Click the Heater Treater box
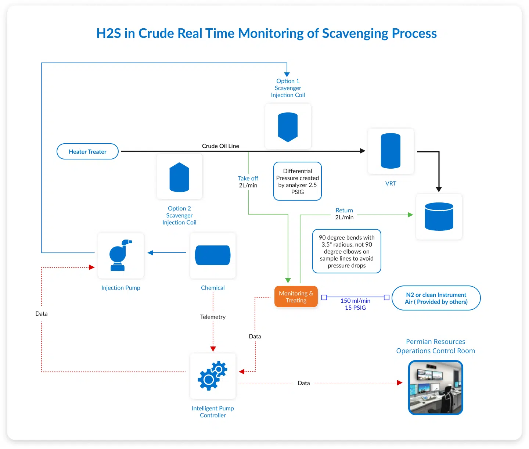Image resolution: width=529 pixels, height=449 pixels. pyautogui.click(x=87, y=151)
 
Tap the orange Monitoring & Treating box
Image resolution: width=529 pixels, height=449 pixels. pyautogui.click(x=296, y=297)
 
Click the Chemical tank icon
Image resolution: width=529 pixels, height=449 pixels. pyautogui.click(x=213, y=255)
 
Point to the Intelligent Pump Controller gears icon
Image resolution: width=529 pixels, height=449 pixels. pyautogui.click(x=213, y=376)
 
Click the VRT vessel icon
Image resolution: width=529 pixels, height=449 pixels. pyautogui.click(x=391, y=151)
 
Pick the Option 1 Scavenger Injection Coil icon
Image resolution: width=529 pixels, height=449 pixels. pyautogui.click(x=288, y=127)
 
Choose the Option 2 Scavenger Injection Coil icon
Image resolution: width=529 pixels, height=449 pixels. pyautogui.click(x=179, y=177)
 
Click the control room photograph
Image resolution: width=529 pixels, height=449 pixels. pyautogui.click(x=435, y=388)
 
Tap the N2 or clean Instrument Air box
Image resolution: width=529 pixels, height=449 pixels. pyautogui.click(x=436, y=298)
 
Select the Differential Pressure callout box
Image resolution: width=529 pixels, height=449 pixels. pyautogui.click(x=298, y=181)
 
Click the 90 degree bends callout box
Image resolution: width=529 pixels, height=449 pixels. pyautogui.click(x=346, y=251)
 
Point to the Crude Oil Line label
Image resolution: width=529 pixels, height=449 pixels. pyautogui.click(x=220, y=146)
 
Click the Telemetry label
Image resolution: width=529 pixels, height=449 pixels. pyautogui.click(x=213, y=317)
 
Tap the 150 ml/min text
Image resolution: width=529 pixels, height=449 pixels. pyautogui.click(x=355, y=301)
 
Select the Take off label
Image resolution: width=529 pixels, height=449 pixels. pyautogui.click(x=248, y=178)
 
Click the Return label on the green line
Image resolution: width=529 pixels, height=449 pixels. pyautogui.click(x=344, y=210)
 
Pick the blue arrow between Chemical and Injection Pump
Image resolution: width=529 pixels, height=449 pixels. pyautogui.click(x=167, y=252)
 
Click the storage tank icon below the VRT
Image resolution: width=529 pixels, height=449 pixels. pyautogui.click(x=439, y=217)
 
